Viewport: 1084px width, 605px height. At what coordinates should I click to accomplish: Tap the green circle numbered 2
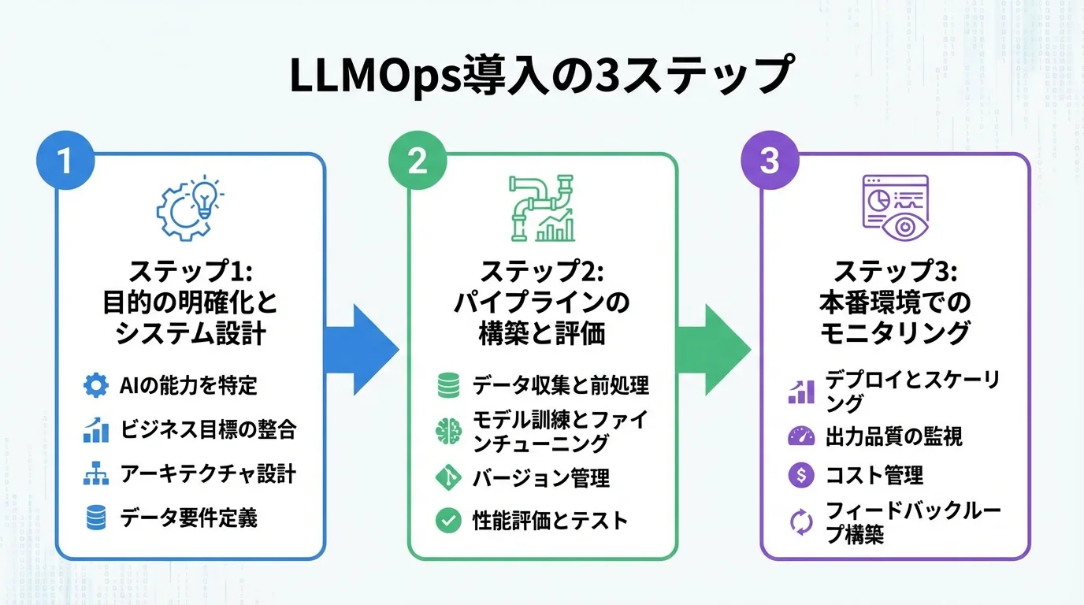coord(418,161)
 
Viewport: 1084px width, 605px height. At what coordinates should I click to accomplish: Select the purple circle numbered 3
coord(770,161)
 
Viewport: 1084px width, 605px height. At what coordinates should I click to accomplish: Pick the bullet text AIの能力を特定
coord(188,385)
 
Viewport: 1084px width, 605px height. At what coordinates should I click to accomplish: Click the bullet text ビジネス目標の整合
coord(208,429)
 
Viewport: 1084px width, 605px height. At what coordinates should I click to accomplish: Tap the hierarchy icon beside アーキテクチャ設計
coord(95,474)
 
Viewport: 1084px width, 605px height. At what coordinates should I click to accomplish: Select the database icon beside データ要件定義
coord(95,518)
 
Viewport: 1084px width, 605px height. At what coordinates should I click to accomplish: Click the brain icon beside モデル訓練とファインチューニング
coord(447,431)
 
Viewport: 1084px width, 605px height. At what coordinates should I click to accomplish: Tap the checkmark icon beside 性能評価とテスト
coord(447,521)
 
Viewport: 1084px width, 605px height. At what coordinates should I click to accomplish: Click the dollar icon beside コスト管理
coord(800,475)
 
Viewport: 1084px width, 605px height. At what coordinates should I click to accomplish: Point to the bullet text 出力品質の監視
coord(893,436)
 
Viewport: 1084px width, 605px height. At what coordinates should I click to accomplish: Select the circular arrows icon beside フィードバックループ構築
coord(800,522)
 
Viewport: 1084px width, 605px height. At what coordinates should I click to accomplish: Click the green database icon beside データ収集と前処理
coord(447,385)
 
